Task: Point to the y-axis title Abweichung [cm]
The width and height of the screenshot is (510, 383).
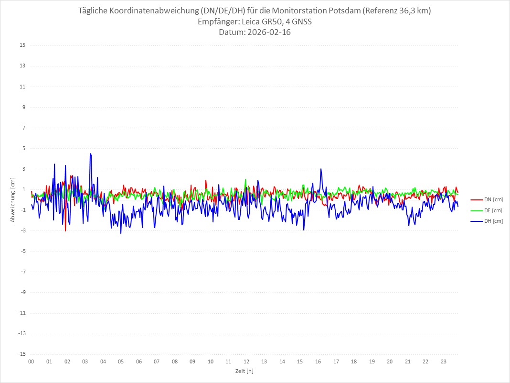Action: click(13, 199)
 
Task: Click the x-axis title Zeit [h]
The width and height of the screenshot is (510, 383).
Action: click(244, 371)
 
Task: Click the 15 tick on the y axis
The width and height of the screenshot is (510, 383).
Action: click(22, 45)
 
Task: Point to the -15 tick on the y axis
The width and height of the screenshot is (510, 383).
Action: click(21, 354)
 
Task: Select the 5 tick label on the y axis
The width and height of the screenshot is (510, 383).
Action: click(23, 148)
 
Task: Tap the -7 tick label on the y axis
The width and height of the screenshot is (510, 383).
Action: click(22, 272)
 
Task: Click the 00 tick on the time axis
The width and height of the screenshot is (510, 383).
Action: click(31, 361)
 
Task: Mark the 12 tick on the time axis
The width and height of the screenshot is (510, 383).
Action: click(246, 361)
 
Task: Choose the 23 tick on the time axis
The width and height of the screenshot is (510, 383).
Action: click(444, 361)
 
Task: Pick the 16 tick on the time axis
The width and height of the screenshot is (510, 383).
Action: click(318, 361)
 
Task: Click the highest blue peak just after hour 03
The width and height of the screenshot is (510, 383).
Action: click(90, 153)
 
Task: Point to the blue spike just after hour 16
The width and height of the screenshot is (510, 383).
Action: click(321, 169)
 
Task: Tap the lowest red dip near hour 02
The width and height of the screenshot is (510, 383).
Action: click(65, 231)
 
